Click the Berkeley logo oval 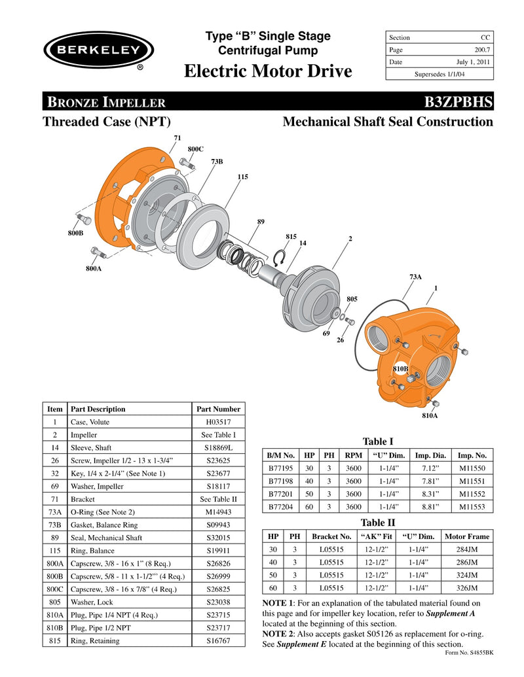tap(98, 50)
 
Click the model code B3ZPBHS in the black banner tap(458, 102)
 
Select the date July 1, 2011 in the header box tap(474, 62)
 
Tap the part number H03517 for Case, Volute tap(218, 422)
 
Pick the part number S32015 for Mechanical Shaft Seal tap(218, 538)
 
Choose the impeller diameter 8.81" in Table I tap(425, 506)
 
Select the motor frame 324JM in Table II tap(466, 575)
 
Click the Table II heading tap(378, 522)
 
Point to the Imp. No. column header tap(472, 455)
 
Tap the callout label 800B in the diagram tap(75, 234)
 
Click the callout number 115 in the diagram tap(242, 177)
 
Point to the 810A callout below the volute tap(430, 415)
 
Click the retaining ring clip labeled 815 tap(280, 259)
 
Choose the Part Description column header tap(98, 409)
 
